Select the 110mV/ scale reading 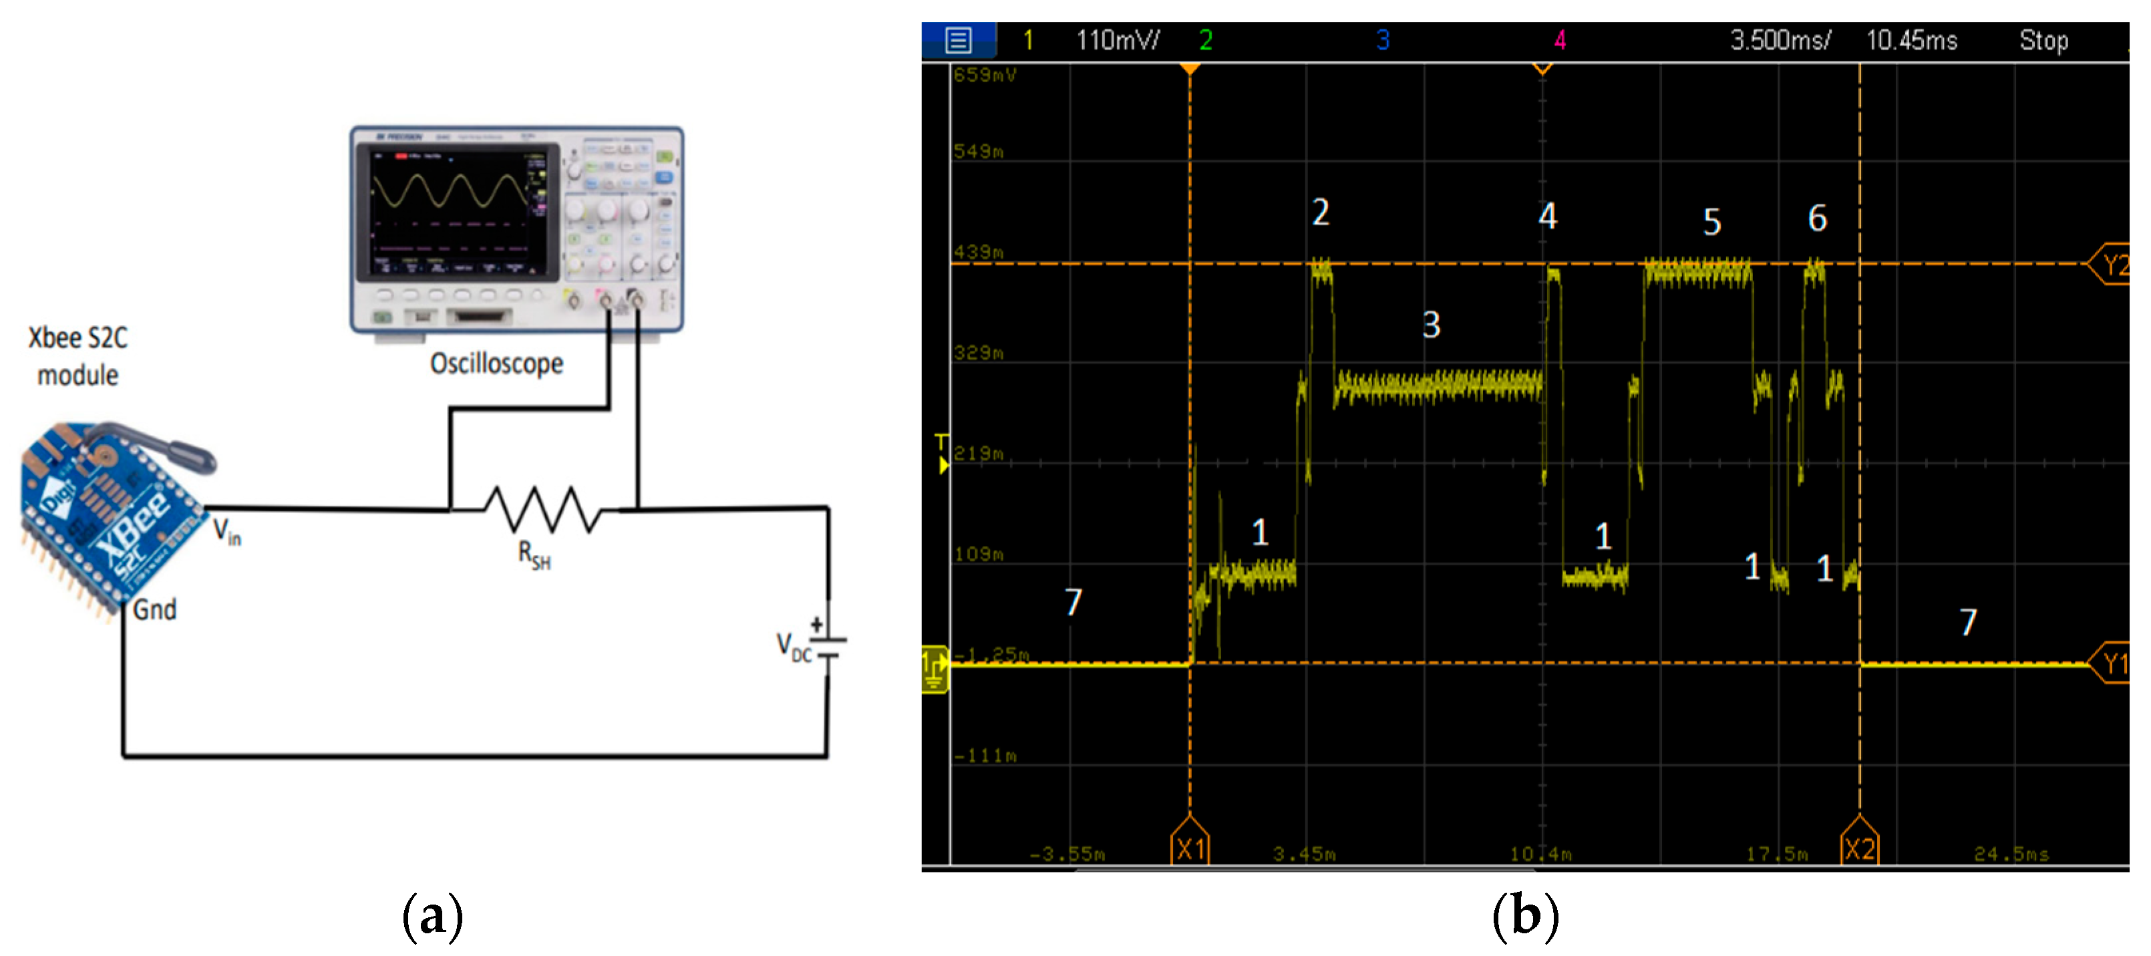coord(1116,40)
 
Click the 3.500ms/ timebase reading coord(1780,40)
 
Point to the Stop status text coord(2043,40)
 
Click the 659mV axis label coord(985,75)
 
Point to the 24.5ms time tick coord(2011,853)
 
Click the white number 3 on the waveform coord(1431,325)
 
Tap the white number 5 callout coord(1711,222)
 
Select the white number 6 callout coord(1817,218)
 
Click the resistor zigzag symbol coord(542,508)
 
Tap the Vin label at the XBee coord(226,531)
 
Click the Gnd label coord(154,609)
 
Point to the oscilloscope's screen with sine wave coord(455,210)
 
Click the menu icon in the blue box coord(958,40)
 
